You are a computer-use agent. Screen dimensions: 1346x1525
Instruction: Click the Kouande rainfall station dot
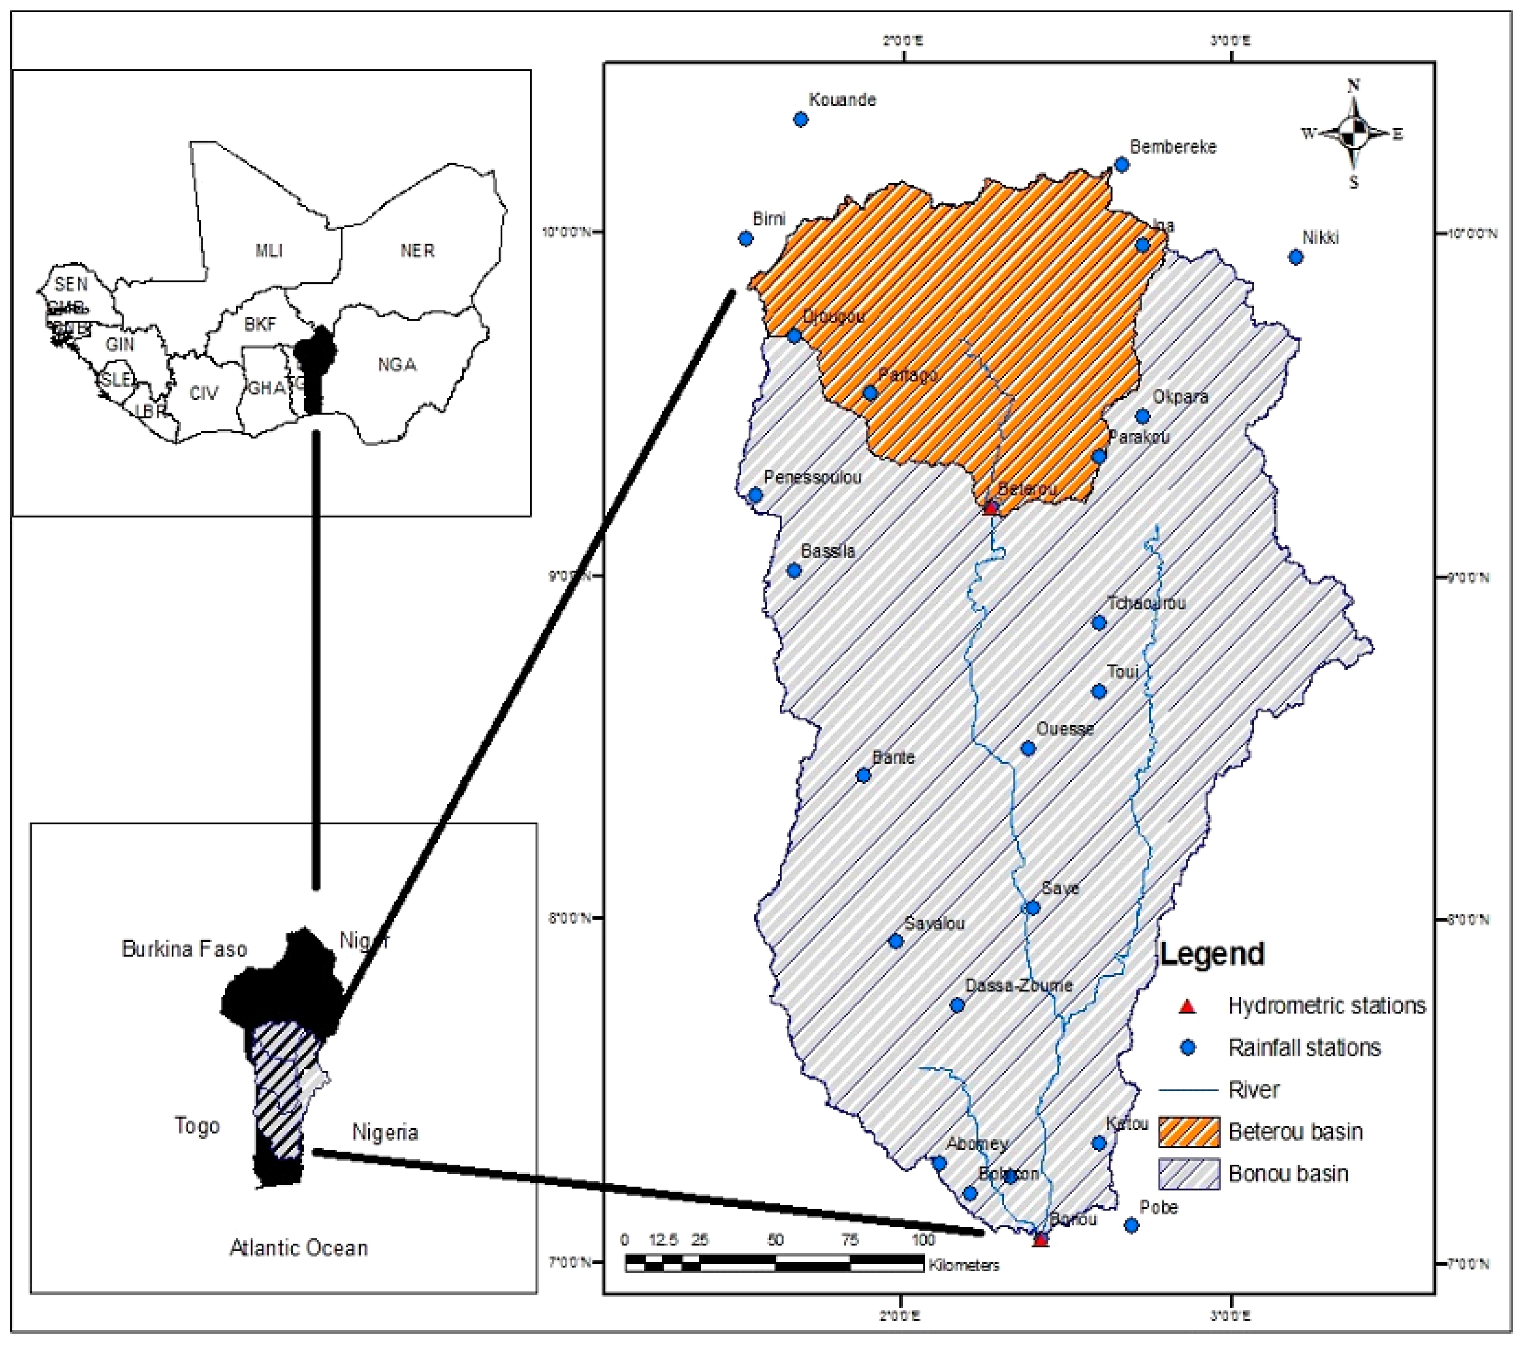pyautogui.click(x=801, y=119)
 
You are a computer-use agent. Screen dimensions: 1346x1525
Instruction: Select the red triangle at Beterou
pyautogui.click(x=990, y=508)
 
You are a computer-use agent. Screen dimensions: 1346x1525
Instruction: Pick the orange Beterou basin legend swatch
pyautogui.click(x=1189, y=1132)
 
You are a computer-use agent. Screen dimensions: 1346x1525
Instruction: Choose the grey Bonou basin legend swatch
pyautogui.click(x=1189, y=1173)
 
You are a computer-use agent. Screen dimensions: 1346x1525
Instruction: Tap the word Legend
pyautogui.click(x=1212, y=954)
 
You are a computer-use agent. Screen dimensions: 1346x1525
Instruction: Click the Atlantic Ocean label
pyautogui.click(x=298, y=1248)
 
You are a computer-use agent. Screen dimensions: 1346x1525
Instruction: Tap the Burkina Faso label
pyautogui.click(x=184, y=949)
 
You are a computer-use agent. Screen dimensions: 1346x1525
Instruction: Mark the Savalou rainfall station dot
pyautogui.click(x=896, y=941)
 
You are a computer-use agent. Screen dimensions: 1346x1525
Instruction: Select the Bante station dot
pyautogui.click(x=863, y=775)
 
